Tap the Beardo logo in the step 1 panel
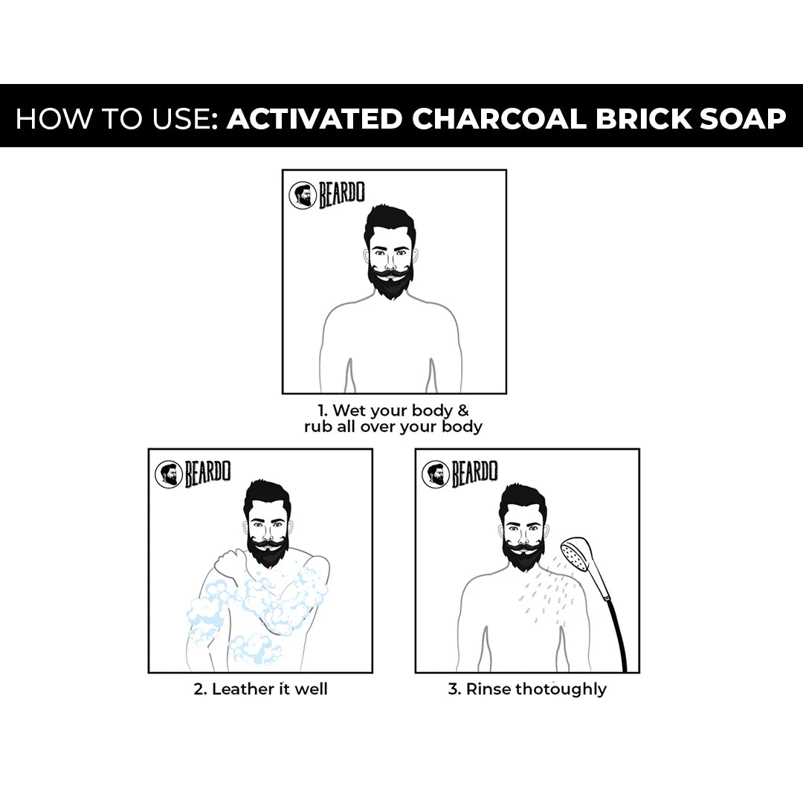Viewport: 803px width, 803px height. tap(326, 196)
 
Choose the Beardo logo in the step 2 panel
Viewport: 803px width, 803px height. tap(193, 474)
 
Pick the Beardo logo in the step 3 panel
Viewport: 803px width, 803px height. tap(459, 474)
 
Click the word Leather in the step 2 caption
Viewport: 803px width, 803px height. tap(242, 689)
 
